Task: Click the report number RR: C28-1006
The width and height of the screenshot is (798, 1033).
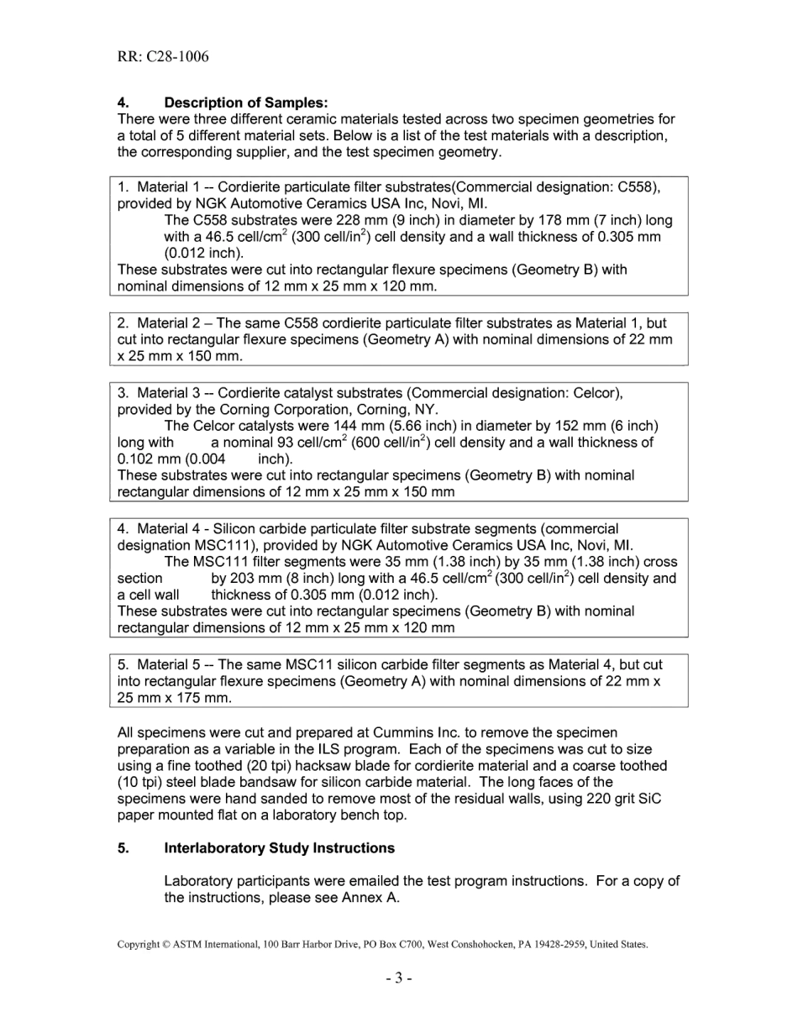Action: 163,57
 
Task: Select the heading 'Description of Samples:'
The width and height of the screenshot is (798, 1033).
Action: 245,102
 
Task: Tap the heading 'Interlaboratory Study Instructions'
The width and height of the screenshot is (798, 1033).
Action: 279,848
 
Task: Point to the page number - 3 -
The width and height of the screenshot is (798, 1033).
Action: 399,978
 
